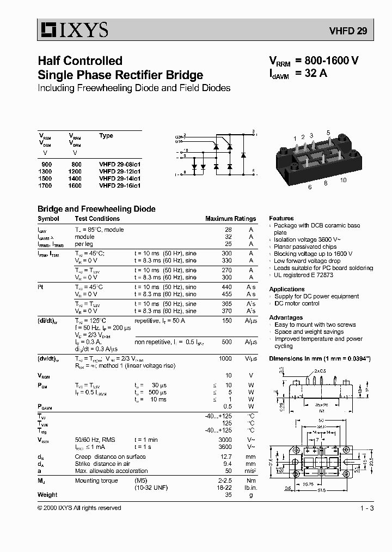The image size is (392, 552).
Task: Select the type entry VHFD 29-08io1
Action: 120,164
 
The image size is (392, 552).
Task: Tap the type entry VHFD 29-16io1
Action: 120,185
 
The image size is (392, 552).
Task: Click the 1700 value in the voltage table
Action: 45,185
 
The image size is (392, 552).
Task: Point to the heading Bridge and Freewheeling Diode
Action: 96,209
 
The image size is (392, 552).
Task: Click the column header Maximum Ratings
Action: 230,219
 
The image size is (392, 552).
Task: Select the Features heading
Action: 281,218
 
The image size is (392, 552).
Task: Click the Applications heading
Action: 287,289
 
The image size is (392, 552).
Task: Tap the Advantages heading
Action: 286,317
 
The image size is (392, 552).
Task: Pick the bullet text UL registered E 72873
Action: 303,275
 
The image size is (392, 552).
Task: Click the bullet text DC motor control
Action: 297,303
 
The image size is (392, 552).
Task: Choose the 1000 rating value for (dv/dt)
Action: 224,358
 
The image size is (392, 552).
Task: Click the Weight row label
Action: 47,495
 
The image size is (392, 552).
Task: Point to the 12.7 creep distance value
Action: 226,457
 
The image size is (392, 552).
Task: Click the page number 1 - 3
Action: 366,508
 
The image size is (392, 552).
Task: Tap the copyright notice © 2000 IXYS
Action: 79,508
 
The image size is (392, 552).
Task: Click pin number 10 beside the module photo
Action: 343,180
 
